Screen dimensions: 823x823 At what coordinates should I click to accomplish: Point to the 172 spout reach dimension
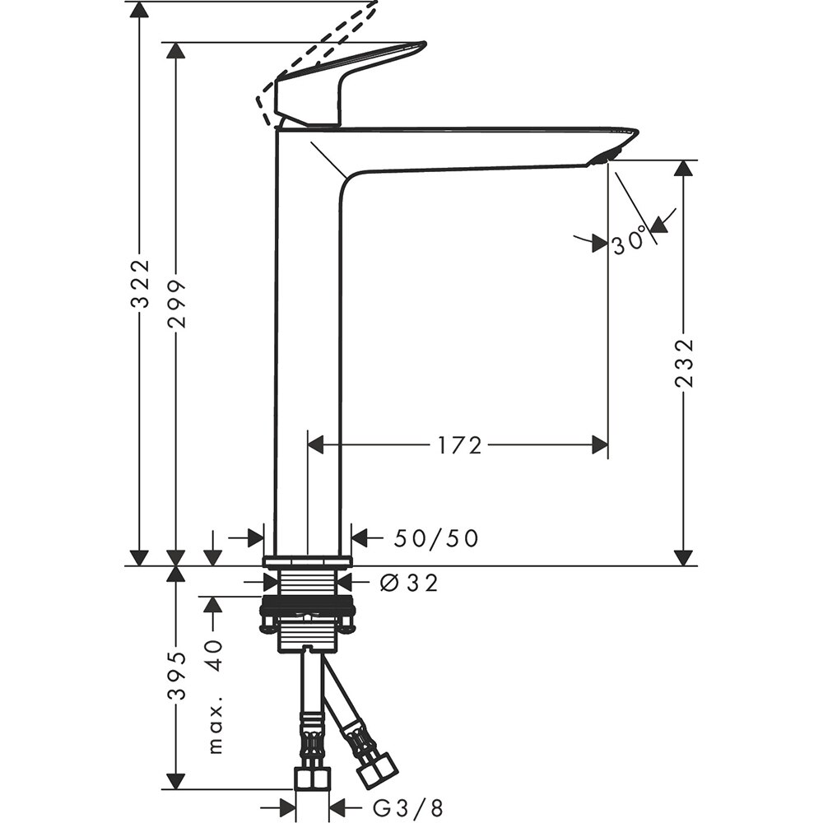[x=459, y=445]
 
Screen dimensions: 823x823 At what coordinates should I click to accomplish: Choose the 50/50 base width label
[x=435, y=538]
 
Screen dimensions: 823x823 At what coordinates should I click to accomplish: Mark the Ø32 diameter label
[x=409, y=583]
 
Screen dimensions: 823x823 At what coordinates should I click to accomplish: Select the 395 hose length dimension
[x=176, y=677]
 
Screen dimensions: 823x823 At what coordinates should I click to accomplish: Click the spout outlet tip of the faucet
[x=613, y=152]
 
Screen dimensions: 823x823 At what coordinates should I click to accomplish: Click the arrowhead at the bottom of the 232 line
[x=682, y=556]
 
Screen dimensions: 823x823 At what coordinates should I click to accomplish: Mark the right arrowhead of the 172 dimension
[x=599, y=445]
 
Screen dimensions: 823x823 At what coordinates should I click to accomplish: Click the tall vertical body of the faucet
[x=307, y=346]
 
